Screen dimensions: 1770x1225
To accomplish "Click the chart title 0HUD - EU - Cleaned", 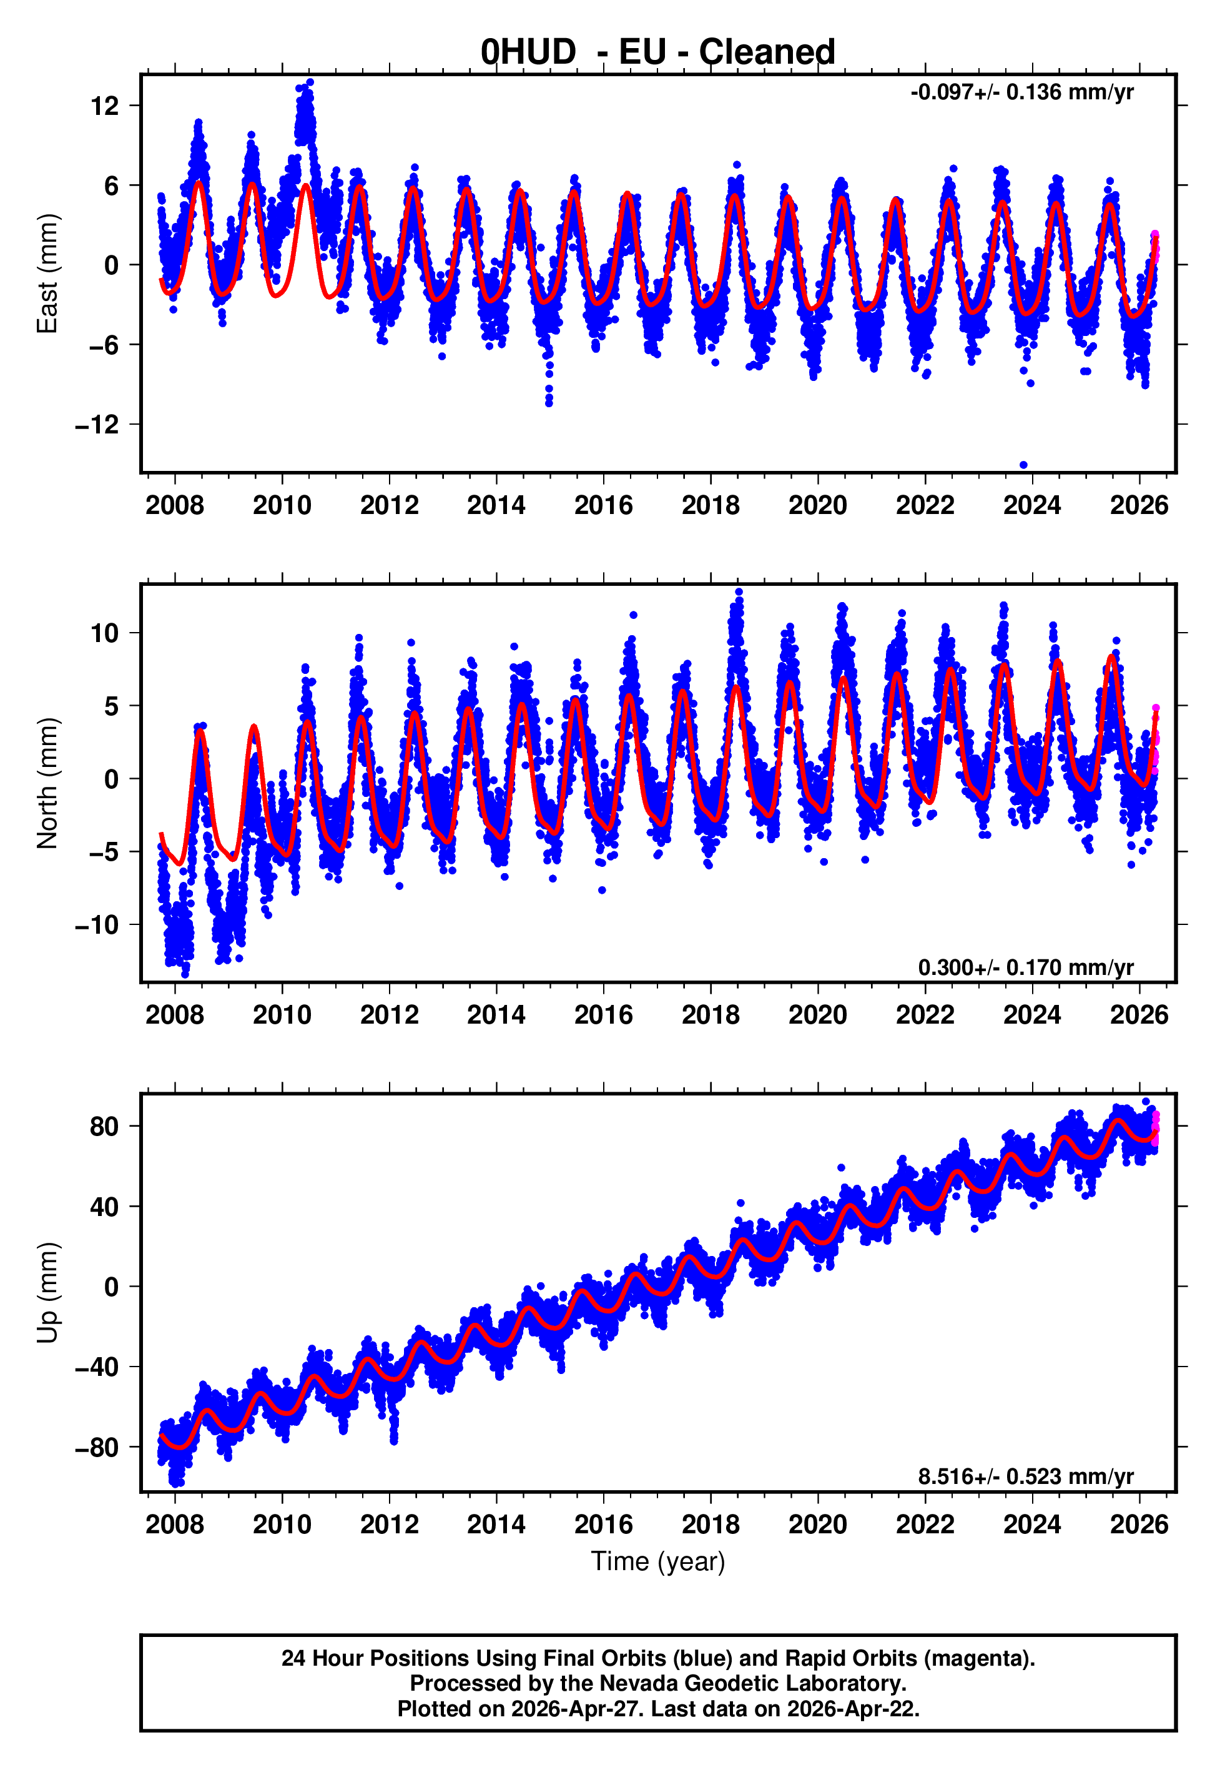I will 658,52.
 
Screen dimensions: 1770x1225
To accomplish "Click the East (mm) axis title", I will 47,274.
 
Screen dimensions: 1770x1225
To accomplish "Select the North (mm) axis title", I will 47,783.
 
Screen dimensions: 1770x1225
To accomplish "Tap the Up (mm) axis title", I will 47,1293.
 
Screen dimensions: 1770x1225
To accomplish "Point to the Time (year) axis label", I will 658,1561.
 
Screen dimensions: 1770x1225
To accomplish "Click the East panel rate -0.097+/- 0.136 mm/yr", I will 1021,93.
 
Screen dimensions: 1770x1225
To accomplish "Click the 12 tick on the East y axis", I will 104,106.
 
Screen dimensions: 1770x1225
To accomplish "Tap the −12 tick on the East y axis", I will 97,425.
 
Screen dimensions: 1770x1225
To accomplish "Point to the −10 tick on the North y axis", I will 97,925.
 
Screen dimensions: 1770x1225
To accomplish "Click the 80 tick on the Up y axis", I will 104,1127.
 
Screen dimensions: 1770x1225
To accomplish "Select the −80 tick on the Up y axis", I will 97,1447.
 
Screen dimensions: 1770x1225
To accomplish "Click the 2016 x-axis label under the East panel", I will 603,505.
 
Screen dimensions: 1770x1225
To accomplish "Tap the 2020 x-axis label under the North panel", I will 817,1015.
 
